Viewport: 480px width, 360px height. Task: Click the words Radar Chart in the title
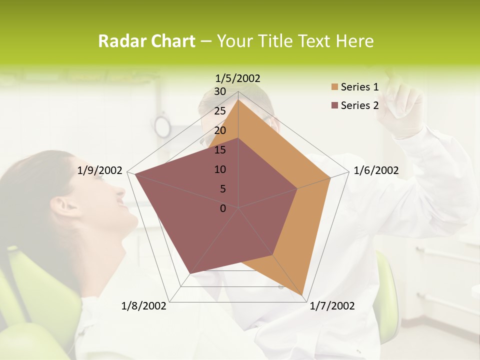[146, 41]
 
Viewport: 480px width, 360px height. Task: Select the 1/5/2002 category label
[238, 78]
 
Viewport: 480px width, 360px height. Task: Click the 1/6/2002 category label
[376, 170]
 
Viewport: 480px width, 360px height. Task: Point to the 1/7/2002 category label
[332, 306]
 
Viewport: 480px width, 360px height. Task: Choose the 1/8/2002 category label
[144, 306]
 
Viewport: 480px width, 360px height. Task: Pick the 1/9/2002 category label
[100, 170]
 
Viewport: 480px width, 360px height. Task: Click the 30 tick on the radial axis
[220, 91]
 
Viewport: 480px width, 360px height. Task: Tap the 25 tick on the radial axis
[220, 111]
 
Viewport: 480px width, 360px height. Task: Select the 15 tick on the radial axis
[220, 150]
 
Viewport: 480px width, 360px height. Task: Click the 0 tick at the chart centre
[223, 208]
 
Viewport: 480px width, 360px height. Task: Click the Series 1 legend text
[359, 87]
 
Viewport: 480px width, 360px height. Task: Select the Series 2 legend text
[359, 105]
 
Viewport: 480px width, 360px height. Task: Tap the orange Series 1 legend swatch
[334, 87]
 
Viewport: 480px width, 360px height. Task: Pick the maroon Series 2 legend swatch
[334, 105]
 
